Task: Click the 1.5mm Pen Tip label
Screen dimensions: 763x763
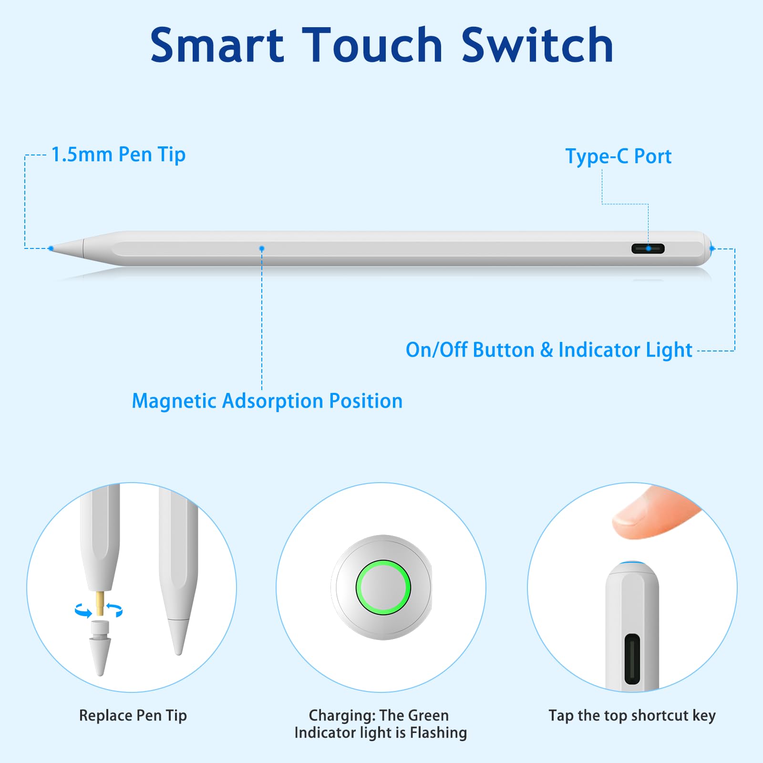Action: pyautogui.click(x=118, y=155)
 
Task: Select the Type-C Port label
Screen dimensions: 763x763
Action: pyautogui.click(x=619, y=156)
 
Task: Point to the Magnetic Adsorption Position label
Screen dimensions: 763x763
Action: pyautogui.click(x=267, y=401)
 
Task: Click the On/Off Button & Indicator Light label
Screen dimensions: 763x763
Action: pyautogui.click(x=549, y=350)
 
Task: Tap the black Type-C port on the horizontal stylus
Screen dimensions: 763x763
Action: pyautogui.click(x=648, y=248)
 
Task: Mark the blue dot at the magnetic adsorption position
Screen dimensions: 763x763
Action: pyautogui.click(x=261, y=248)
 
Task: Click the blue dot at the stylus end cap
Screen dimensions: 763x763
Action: pyautogui.click(x=712, y=248)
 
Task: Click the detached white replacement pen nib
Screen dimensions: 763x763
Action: pyautogui.click(x=100, y=648)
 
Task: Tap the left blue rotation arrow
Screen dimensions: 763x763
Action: pyautogui.click(x=83, y=611)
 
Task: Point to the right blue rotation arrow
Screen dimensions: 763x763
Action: pyautogui.click(x=115, y=610)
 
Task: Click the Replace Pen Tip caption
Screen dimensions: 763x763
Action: pyautogui.click(x=133, y=716)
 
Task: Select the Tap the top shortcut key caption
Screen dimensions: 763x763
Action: pyautogui.click(x=632, y=716)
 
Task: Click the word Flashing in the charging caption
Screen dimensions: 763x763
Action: pyautogui.click(x=438, y=733)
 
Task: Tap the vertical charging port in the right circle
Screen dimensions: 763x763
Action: pyautogui.click(x=632, y=659)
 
